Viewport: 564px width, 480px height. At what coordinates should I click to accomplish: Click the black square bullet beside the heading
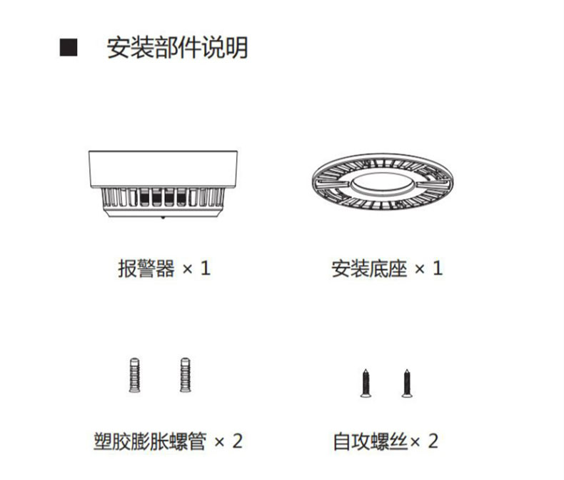click(69, 47)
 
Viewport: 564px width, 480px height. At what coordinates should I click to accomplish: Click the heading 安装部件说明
click(177, 47)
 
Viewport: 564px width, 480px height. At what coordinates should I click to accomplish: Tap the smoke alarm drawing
click(163, 184)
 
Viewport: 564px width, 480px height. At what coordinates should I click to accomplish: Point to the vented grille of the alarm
click(163, 197)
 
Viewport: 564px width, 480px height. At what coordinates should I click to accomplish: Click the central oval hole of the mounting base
click(383, 184)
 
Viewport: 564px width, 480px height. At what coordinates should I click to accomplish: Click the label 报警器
click(146, 269)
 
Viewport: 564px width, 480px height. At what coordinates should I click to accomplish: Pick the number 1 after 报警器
click(206, 269)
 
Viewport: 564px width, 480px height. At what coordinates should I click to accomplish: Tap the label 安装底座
click(369, 269)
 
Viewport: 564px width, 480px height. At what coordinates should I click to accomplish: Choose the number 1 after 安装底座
click(438, 269)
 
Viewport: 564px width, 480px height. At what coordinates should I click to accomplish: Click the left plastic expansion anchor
click(134, 375)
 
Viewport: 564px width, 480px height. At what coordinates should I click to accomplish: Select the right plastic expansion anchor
click(185, 375)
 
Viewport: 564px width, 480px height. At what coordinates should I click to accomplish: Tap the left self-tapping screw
click(366, 383)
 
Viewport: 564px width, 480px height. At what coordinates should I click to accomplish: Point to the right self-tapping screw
click(407, 383)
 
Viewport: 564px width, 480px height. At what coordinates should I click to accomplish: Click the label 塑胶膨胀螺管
click(150, 441)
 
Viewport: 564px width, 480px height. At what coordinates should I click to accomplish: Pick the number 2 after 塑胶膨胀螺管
click(237, 441)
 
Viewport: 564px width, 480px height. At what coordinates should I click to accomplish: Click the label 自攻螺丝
click(371, 441)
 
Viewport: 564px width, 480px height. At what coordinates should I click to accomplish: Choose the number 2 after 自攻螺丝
click(433, 441)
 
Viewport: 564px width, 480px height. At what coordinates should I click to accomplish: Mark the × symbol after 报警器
click(187, 269)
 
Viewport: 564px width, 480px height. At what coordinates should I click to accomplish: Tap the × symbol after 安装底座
click(419, 269)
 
